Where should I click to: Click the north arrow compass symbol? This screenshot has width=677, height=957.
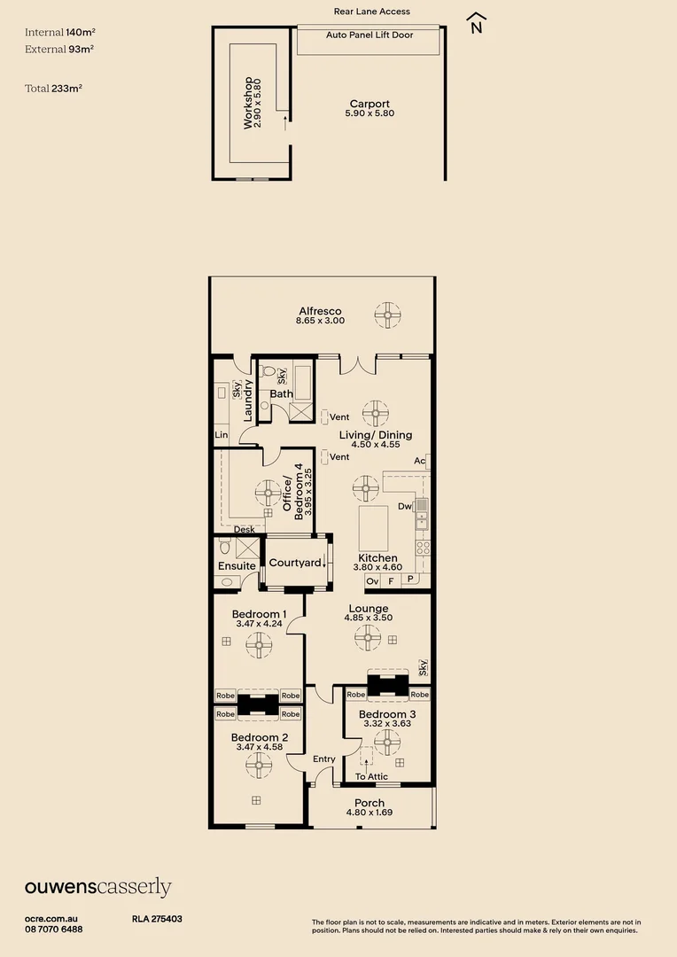[476, 23]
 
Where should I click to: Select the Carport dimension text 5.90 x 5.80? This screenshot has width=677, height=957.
[370, 113]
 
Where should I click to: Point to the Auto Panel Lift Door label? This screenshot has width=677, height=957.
[370, 35]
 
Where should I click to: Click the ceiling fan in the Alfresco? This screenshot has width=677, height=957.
[387, 315]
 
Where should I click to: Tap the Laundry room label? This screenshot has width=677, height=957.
[249, 400]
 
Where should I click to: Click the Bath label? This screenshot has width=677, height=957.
[282, 393]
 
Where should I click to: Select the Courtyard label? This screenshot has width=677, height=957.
[295, 563]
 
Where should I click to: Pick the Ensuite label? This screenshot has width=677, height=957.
[237, 566]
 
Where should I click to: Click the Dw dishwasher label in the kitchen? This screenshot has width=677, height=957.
[405, 507]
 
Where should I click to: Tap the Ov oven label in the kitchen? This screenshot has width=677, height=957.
[372, 581]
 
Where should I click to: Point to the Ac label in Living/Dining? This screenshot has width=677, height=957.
[419, 461]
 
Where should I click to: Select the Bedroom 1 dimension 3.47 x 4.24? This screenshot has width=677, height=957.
[259, 624]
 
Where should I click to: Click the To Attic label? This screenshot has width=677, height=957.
[372, 776]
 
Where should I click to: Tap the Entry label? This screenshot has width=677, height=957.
[324, 759]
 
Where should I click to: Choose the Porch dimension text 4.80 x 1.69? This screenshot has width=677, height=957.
[369, 813]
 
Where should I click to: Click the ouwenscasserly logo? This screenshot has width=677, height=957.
[97, 887]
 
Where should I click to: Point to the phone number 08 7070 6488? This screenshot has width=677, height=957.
[54, 929]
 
